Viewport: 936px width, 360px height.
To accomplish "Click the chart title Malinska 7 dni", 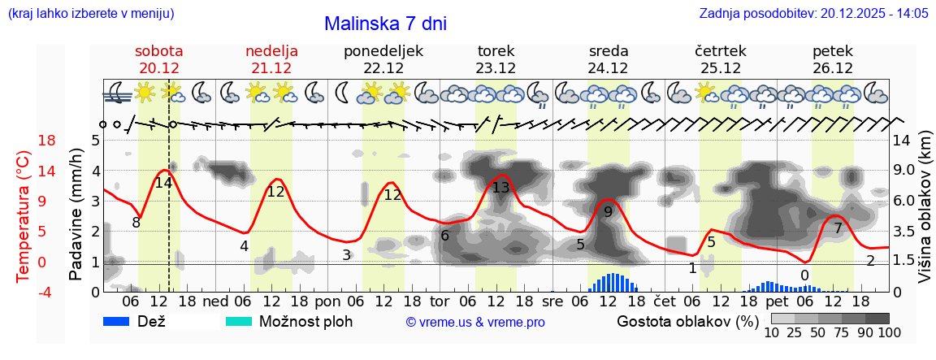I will [385, 24].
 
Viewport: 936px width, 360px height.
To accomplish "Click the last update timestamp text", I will [813, 14].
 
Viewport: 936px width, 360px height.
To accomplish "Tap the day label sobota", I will [159, 51].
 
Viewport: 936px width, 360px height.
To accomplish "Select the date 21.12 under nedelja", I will [271, 68].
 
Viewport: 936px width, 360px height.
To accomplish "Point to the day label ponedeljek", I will [383, 51].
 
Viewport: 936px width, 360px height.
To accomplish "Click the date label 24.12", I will [608, 68].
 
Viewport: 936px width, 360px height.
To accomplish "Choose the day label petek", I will [833, 51].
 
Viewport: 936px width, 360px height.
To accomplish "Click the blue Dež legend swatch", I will [123, 321].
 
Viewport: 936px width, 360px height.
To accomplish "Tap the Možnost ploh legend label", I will [305, 321].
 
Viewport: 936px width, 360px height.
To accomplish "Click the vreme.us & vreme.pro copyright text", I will [475, 323].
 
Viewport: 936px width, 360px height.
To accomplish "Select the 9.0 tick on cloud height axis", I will [906, 171].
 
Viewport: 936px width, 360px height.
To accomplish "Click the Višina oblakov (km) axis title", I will [925, 216].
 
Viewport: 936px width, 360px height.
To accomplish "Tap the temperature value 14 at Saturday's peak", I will [163, 183].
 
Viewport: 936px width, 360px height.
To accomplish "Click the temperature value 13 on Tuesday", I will [500, 188].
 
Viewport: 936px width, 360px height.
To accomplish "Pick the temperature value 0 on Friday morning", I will [804, 275].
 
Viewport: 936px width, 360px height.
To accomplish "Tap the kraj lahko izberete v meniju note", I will [90, 14].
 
